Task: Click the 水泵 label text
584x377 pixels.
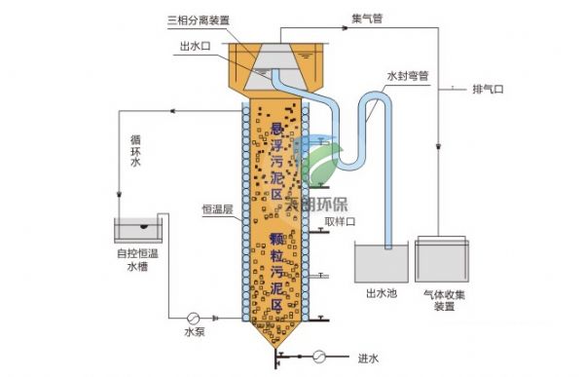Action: (x=195, y=332)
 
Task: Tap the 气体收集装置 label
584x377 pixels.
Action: (x=443, y=300)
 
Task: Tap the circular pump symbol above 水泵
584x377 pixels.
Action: (x=195, y=317)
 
